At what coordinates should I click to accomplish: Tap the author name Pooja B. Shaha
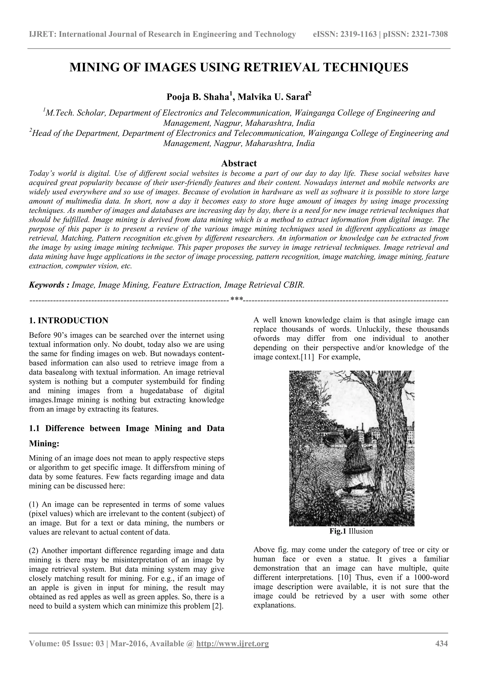click(198, 97)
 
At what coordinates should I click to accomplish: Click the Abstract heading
click(239, 163)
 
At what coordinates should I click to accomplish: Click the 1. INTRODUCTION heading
click(69, 321)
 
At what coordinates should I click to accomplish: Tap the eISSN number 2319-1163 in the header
click(358, 35)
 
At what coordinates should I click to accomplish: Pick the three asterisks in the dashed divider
click(237, 300)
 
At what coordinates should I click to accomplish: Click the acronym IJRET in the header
click(42, 35)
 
